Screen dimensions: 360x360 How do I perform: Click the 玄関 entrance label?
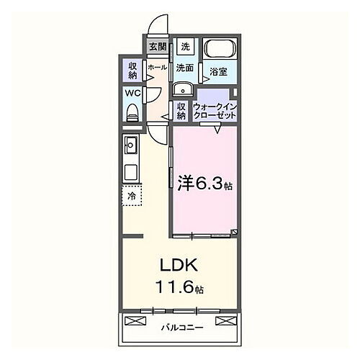[158, 48]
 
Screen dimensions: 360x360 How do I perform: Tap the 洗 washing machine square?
[185, 46]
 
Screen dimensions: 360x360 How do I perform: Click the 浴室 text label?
[219, 71]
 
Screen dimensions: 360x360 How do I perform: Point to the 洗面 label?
[185, 68]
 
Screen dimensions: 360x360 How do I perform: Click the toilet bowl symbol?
[132, 112]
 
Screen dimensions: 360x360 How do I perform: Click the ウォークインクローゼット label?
[216, 111]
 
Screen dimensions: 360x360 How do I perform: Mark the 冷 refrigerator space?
[132, 194]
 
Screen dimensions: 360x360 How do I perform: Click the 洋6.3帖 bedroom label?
[204, 182]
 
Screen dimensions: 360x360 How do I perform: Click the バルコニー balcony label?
[180, 328]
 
